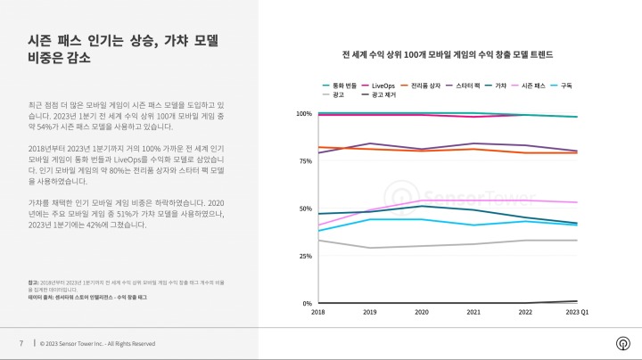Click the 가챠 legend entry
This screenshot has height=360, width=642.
click(500, 84)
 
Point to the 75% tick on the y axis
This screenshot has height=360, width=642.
click(304, 161)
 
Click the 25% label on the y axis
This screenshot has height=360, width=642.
click(304, 256)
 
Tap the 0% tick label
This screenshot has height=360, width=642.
click(306, 303)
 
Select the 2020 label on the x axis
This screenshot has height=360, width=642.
click(422, 313)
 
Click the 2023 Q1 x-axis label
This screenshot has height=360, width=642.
click(577, 313)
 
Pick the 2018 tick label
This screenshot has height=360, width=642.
click(318, 313)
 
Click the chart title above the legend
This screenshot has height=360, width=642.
click(449, 54)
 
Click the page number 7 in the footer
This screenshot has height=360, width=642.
click(21, 343)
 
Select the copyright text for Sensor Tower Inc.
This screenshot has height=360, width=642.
click(97, 343)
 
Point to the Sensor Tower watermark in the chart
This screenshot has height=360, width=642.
click(436, 195)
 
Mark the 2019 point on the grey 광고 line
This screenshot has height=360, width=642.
click(370, 248)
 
